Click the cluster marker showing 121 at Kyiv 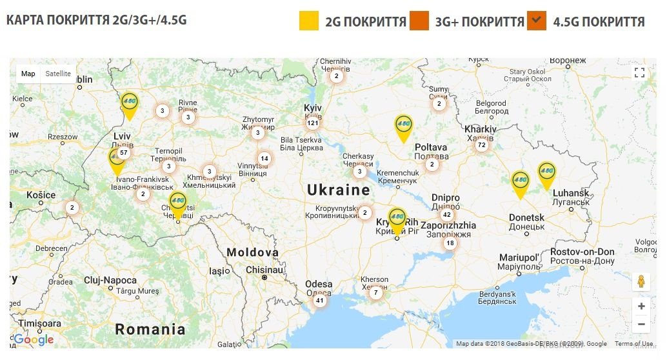tap(313, 123)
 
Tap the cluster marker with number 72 tap(481, 145)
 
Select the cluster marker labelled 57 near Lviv tap(124, 153)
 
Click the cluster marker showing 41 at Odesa tap(319, 300)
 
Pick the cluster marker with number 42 tap(446, 215)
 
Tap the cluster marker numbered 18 tap(450, 243)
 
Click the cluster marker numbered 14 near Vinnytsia tap(264, 158)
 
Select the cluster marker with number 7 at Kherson tap(376, 293)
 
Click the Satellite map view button tap(58, 74)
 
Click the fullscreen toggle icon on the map tap(639, 73)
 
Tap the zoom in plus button tap(641, 306)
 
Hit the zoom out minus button tap(641, 324)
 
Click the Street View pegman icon tap(641, 282)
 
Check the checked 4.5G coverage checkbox tap(537, 21)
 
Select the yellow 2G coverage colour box tap(309, 21)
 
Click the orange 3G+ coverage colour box tap(419, 21)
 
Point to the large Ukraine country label tap(339, 190)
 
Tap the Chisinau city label tap(264, 270)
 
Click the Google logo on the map tap(34, 340)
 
